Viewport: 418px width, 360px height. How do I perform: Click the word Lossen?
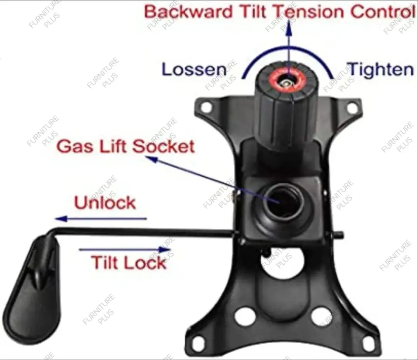pos(194,69)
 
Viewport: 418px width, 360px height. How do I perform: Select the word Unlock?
pos(105,203)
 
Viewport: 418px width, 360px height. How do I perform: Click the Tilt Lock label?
pos(129,262)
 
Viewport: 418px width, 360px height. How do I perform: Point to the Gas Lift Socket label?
pos(125,146)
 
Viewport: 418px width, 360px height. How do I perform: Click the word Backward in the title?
pos(188,12)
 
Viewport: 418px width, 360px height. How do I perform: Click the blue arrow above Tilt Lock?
pos(125,250)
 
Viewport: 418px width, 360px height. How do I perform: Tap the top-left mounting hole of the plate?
pos(206,107)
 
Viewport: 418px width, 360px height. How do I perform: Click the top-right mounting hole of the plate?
pos(352,107)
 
